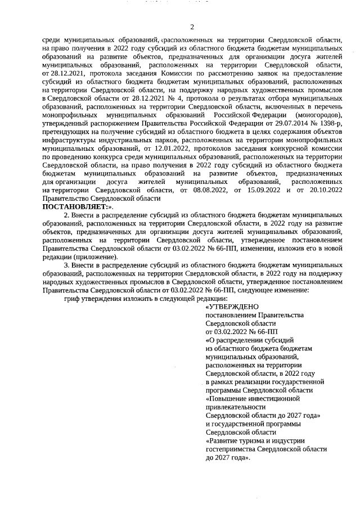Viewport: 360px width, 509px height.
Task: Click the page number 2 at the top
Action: (x=191, y=26)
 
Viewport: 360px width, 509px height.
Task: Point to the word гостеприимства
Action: (x=232, y=449)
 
